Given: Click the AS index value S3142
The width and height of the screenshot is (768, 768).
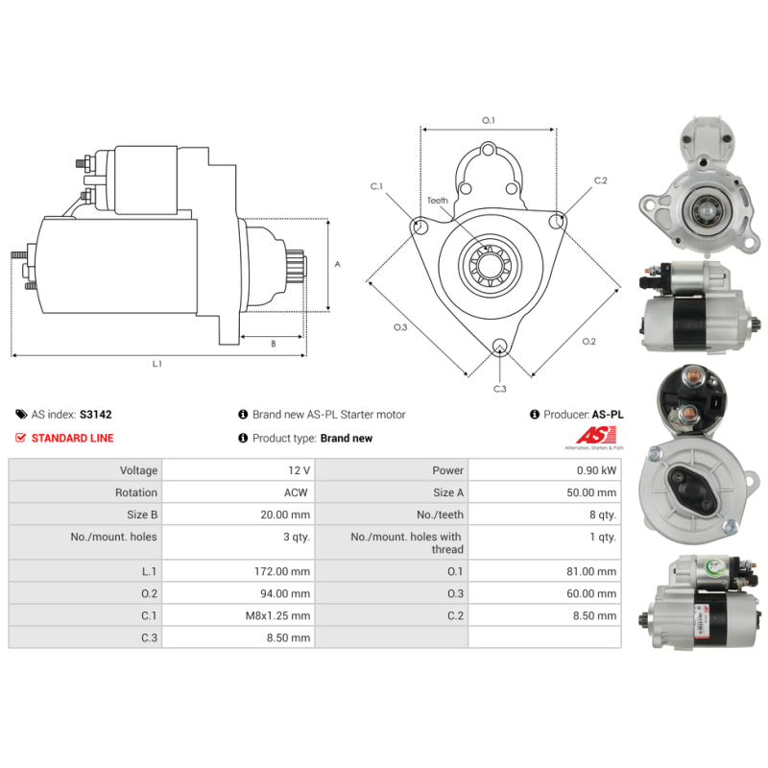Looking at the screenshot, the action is coord(95,415).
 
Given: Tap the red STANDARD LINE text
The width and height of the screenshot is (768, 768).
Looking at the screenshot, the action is coord(73,438).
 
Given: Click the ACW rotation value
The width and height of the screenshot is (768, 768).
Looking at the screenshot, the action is coord(296,492).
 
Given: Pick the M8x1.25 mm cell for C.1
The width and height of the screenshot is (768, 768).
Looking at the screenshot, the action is coord(277,615).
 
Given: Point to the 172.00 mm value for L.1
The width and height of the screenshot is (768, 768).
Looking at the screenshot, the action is coord(282,571).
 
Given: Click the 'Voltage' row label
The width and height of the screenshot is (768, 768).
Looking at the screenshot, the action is coord(138,470).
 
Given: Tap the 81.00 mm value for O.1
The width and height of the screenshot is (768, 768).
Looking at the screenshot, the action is coord(591,571).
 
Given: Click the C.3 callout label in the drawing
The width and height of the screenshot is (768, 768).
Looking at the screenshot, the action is coord(499,389).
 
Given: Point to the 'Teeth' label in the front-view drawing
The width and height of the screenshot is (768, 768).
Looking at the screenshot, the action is coord(438,201).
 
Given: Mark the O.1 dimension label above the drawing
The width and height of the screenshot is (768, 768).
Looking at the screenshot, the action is coord(489,120).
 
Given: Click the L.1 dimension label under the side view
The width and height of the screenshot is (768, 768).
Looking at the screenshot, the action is coord(156,364).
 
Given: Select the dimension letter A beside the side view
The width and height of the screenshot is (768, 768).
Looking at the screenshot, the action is coord(337,265).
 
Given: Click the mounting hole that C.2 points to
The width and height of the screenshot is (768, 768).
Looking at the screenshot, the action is coord(556,222).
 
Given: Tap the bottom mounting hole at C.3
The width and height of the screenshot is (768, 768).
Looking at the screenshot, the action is coord(499,345).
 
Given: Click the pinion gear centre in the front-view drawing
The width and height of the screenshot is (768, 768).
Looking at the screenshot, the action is coord(490,265).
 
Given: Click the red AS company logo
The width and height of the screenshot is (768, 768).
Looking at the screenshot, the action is coord(596,436).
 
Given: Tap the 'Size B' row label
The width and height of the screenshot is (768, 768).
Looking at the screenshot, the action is coord(142,515).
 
